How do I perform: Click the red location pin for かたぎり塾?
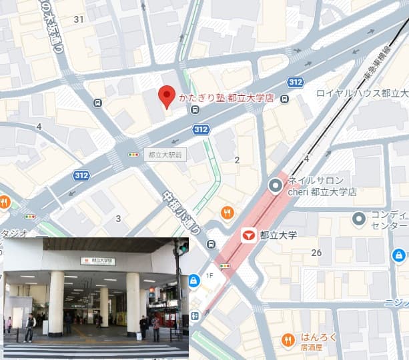tap(166, 97)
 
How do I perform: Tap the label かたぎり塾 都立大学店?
tap(226, 98)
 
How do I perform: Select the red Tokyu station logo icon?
tap(248, 235)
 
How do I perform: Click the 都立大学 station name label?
tap(278, 235)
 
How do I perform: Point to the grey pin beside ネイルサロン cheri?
tap(275, 186)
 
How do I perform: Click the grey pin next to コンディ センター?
tap(359, 218)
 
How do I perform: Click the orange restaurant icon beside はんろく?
tap(288, 340)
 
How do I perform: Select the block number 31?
tap(79, 19)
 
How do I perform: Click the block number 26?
tap(316, 252)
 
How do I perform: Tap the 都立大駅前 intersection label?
tap(165, 153)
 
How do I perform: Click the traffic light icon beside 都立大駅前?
tap(133, 154)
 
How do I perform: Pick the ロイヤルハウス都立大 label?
tap(362, 93)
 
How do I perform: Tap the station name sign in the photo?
tap(98, 261)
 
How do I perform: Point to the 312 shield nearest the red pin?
tap(201, 129)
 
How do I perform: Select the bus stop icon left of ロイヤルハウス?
tap(285, 99)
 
